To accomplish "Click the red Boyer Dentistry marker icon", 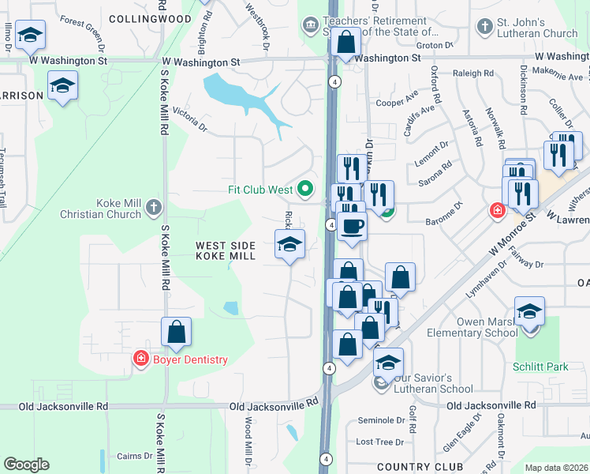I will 141,359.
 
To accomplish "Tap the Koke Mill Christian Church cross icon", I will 153,209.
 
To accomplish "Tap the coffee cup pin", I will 353,227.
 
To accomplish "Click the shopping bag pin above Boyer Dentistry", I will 177,332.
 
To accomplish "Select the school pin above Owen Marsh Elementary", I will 529,311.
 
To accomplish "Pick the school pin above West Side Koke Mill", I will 289,244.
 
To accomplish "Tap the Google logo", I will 26,465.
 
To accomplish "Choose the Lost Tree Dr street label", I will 380,442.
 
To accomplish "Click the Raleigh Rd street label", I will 473,73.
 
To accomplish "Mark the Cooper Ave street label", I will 397,102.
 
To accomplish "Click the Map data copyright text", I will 556,468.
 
